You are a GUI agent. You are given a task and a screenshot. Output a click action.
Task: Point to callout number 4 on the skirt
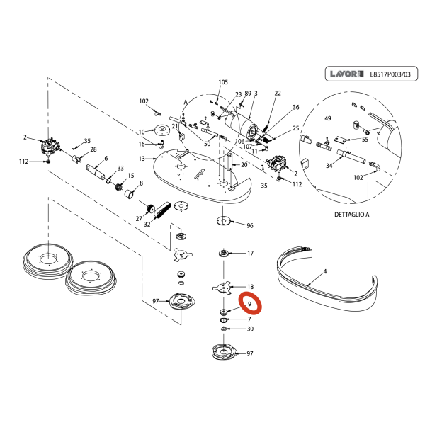click(324, 271)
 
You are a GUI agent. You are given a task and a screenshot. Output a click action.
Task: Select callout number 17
click(249, 253)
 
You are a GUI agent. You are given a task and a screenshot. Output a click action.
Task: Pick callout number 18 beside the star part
click(249, 286)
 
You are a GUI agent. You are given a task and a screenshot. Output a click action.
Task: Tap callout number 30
click(249, 329)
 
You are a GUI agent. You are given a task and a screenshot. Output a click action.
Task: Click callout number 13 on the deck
click(142, 158)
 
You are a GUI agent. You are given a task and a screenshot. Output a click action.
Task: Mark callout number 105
click(223, 82)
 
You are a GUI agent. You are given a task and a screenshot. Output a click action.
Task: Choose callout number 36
click(296, 107)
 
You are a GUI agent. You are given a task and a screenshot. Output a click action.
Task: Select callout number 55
click(365, 140)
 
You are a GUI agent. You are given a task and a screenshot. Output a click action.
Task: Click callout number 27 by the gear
click(139, 219)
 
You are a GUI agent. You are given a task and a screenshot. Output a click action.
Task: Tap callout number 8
click(141, 183)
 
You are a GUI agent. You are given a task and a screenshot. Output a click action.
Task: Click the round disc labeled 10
click(163, 130)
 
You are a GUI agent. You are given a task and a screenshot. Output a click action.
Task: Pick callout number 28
click(93, 149)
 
